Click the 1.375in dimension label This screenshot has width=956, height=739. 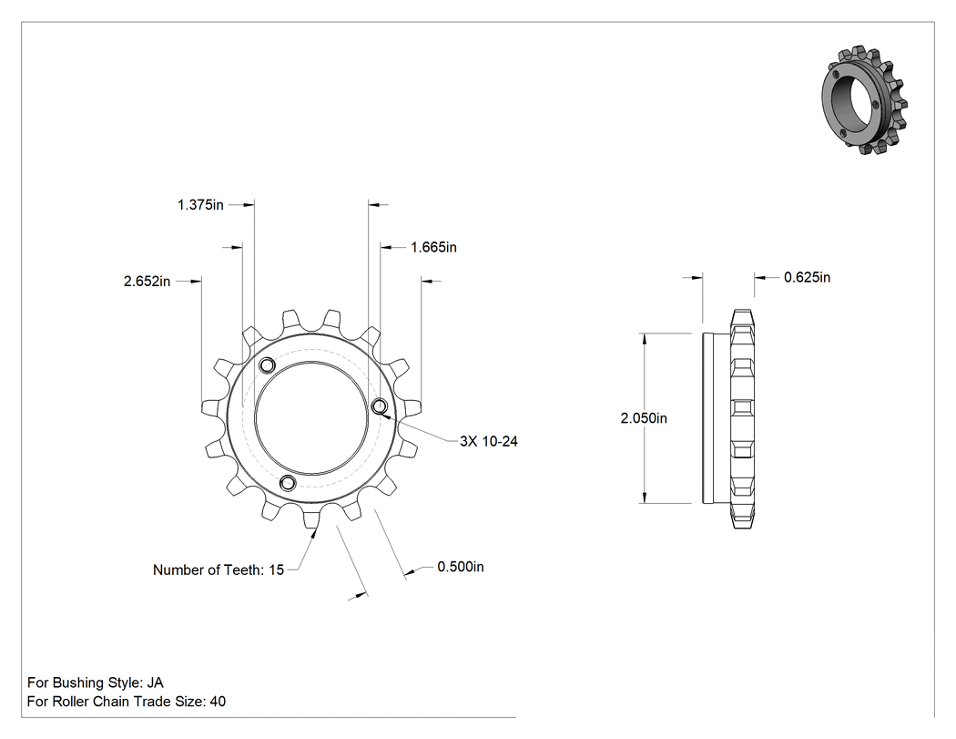click(x=200, y=205)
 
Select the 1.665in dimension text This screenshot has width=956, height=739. click(x=433, y=247)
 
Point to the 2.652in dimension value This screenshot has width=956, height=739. click(x=147, y=282)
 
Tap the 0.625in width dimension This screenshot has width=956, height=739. click(x=807, y=278)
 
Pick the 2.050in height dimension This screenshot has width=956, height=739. click(x=644, y=418)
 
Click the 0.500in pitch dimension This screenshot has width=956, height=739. click(x=461, y=567)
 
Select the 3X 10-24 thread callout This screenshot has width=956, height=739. click(x=488, y=441)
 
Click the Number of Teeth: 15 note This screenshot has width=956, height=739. click(x=219, y=570)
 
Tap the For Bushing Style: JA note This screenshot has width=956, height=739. click(x=95, y=683)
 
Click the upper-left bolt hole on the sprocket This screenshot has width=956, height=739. click(x=267, y=366)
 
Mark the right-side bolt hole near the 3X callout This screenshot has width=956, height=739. click(x=380, y=405)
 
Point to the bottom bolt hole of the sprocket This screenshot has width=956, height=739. click(x=288, y=484)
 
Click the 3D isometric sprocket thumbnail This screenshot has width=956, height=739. click(x=864, y=99)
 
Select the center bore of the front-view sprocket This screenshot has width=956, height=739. click(x=311, y=418)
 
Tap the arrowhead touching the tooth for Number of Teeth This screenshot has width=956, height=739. click(x=314, y=534)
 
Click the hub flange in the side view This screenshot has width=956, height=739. click(x=716, y=418)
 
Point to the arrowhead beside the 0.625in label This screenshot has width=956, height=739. click(x=759, y=278)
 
